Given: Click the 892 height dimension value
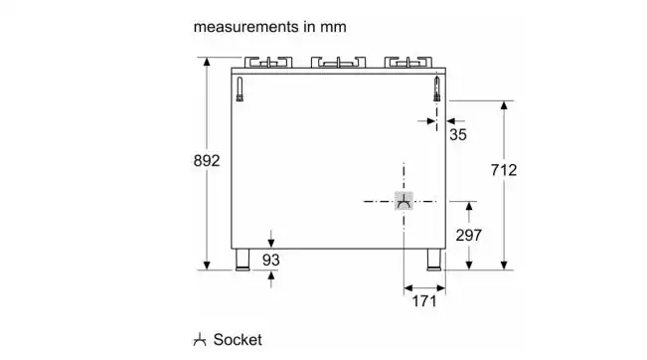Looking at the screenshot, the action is click(207, 160).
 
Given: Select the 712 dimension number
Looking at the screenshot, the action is click(504, 170).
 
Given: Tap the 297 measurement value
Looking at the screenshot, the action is click(468, 236).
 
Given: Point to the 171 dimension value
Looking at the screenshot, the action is click(424, 301).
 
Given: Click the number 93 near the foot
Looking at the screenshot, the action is click(270, 261).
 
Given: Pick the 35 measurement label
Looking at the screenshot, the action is click(457, 134).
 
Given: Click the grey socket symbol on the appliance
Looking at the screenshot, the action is click(404, 201).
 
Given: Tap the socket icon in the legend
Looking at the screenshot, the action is click(200, 339).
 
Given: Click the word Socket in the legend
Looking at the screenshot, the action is click(238, 340).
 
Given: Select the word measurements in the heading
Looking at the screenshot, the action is click(245, 27).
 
